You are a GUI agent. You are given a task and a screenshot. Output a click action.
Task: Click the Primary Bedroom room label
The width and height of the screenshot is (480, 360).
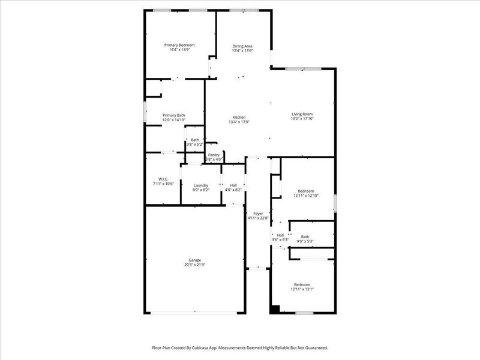pos(180,45)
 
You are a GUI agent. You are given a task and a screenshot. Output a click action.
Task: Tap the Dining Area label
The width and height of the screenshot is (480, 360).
pos(242,46)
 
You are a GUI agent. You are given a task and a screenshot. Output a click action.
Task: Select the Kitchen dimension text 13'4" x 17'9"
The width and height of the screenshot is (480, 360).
pos(239,122)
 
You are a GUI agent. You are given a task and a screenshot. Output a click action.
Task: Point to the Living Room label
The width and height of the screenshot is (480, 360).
pos(302,114)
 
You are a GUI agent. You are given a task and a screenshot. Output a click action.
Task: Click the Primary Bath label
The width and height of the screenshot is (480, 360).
pos(173,115)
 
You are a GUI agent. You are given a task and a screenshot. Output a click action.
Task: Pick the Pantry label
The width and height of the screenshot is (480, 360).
pos(214,155)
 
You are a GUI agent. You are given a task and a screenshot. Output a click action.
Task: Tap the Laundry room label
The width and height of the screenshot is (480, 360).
pos(200,185)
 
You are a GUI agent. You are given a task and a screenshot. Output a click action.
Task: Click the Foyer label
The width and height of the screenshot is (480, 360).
pos(258,214)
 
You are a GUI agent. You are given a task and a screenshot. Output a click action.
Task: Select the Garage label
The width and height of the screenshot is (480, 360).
pos(194,260)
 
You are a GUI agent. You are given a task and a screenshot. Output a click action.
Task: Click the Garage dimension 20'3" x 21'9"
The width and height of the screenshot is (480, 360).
pos(194,265)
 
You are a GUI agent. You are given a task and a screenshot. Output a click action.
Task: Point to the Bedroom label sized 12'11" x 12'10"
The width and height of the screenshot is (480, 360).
pos(306,191)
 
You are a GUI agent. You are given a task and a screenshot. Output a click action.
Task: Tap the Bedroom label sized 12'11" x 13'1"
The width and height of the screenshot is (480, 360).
pos(302,284)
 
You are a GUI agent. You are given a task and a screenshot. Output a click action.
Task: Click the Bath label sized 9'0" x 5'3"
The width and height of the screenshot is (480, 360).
pos(305,236)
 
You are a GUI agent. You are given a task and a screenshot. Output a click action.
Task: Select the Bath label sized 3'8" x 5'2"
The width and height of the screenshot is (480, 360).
pos(195,140)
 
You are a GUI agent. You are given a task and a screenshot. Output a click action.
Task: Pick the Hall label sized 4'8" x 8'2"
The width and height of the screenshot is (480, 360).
pos(233,185)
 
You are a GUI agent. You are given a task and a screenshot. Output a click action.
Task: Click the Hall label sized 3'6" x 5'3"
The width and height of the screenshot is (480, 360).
pos(280,235)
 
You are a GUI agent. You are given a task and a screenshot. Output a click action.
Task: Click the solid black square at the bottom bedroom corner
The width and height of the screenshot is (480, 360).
pos(275,310)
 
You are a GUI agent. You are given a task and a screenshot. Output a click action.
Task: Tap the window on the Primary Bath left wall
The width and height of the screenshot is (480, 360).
pos(144,112)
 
